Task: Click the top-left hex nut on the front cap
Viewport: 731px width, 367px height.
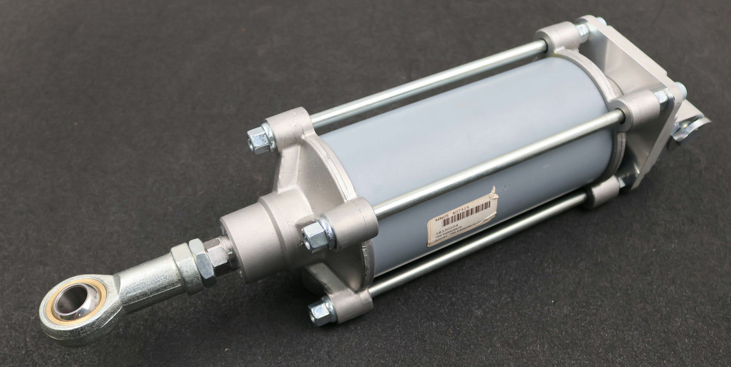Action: point(260,139)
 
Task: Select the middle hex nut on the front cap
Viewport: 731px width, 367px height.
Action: point(317,236)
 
